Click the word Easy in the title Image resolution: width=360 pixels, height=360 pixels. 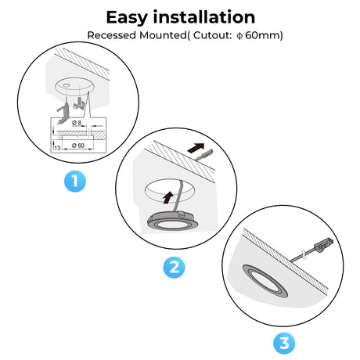click(x=127, y=17)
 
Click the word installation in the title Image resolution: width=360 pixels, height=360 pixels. click(x=203, y=17)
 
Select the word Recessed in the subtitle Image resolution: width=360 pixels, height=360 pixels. click(x=112, y=35)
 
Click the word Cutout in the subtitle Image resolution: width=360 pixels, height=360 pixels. click(x=212, y=35)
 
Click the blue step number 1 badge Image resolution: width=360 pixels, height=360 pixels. click(x=75, y=182)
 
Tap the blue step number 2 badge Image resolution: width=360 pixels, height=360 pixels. click(x=174, y=268)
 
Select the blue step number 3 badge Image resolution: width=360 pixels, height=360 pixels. click(x=284, y=343)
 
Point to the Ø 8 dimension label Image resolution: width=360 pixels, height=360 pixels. click(x=77, y=122)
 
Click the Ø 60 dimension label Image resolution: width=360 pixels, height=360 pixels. click(x=78, y=146)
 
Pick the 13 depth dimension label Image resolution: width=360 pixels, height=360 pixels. click(x=57, y=148)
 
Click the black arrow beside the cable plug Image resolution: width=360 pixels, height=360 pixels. click(x=196, y=148)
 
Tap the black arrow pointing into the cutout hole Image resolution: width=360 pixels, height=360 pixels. click(x=168, y=197)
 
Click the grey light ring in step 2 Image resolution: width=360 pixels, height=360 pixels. click(x=173, y=221)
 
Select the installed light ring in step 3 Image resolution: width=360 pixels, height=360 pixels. click(x=265, y=281)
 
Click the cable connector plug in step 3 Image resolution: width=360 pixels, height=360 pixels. click(x=325, y=244)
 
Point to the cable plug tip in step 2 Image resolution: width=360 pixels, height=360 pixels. click(x=204, y=155)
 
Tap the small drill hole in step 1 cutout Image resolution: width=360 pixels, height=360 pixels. click(x=67, y=85)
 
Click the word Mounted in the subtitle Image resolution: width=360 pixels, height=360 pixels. click(x=163, y=35)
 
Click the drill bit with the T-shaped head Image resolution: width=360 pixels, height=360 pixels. click(x=80, y=103)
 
